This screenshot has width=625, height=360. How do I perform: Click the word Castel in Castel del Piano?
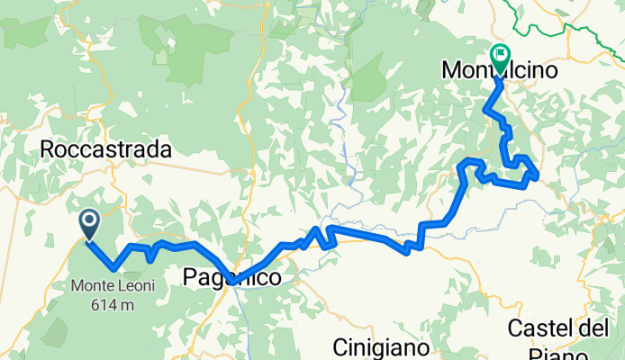pyautogui.click(x=539, y=328)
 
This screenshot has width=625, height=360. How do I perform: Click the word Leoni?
pyautogui.click(x=135, y=287)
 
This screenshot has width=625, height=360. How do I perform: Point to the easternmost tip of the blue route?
pyautogui.click(x=538, y=175)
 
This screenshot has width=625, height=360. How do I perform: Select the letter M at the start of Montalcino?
pyautogui.click(x=452, y=69)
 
